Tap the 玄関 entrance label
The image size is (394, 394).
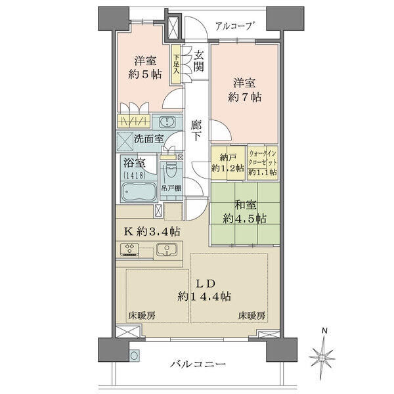(x=198, y=61)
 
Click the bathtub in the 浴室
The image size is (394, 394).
(x=138, y=192)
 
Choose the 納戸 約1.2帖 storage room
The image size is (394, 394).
(x=228, y=162)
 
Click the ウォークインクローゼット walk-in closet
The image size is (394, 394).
(x=263, y=162)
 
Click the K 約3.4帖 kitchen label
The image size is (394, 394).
(x=151, y=231)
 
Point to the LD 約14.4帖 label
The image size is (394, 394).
(x=204, y=290)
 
